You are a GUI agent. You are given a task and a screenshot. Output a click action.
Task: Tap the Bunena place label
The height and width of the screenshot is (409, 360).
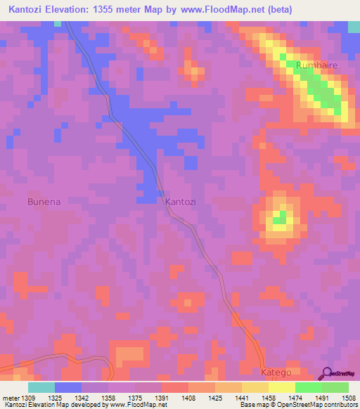[x=44, y=202]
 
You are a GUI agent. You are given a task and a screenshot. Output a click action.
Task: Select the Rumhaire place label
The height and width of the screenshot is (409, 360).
[x=318, y=65]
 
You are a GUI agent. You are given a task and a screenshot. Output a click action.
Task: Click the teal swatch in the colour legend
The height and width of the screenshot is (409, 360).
[x=41, y=387]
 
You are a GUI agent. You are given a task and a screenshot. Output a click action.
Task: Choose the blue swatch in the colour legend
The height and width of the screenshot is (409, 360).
[x=68, y=387]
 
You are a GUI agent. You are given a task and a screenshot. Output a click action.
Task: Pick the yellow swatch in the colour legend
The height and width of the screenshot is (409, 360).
[x=281, y=387]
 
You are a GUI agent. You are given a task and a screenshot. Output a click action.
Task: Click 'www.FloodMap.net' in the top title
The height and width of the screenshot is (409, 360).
[x=226, y=11]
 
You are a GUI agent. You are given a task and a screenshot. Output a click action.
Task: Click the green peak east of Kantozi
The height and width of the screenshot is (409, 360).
[x=281, y=216]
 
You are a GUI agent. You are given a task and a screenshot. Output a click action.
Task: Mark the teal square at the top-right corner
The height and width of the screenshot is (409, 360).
[x=354, y=27]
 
